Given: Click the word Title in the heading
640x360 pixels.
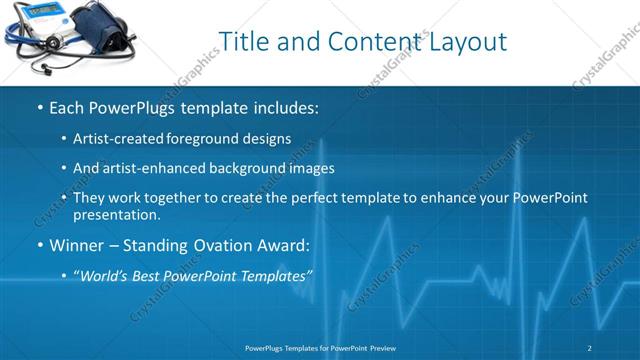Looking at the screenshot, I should (243, 42).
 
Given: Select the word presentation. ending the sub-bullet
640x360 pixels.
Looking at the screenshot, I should (116, 215).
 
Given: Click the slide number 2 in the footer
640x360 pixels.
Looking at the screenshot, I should (590, 347).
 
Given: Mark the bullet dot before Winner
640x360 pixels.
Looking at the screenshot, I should (39, 245).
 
